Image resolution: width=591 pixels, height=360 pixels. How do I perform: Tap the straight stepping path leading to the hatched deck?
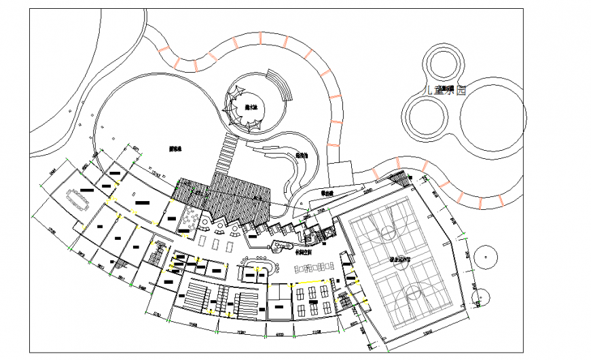225,153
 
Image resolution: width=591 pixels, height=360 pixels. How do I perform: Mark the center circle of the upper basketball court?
389,234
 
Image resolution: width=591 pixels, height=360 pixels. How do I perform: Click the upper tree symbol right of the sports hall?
487,256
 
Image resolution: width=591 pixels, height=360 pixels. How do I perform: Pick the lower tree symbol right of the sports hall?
482,297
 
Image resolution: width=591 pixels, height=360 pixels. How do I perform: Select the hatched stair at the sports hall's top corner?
401,179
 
